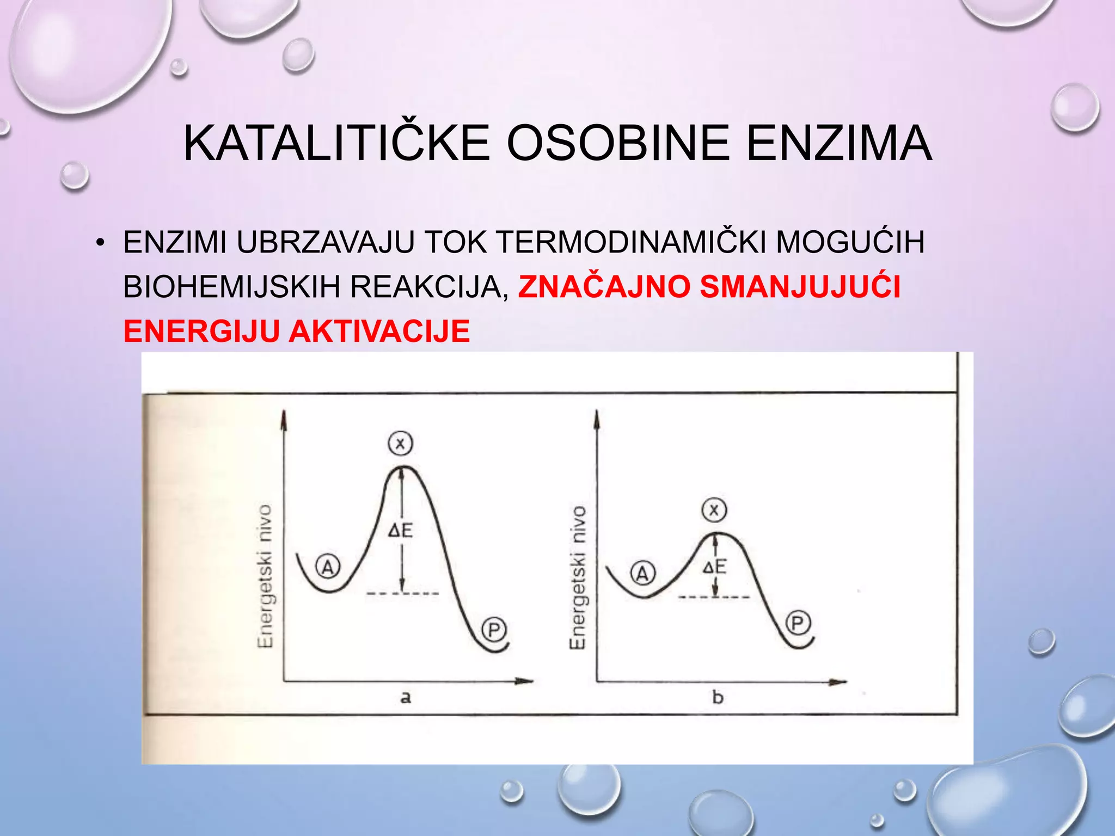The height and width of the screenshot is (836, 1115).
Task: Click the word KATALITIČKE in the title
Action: pos(336,143)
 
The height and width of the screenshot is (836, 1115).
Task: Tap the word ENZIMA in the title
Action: pos(839,143)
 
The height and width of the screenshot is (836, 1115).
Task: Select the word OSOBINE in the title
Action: pos(618,143)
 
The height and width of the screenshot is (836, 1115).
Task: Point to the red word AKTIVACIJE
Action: pos(379,331)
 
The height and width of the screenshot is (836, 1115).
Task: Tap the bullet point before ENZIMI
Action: pos(100,243)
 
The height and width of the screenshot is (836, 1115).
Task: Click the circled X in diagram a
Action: pos(400,444)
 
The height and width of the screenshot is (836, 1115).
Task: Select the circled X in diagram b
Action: pos(714,510)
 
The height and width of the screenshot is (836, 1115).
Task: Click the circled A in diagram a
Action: pos(328,567)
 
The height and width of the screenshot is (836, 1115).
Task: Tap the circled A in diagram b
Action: pos(643,573)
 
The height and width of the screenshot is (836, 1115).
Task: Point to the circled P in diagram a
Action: pos(494,630)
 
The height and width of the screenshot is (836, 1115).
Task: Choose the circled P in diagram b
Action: pos(798,623)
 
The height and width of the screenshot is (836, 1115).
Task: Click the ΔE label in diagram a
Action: pos(400,530)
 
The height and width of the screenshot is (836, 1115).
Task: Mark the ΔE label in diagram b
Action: pos(714,567)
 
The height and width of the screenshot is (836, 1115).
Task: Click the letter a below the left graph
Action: pos(406,697)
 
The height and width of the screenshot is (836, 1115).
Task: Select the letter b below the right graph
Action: pos(718,697)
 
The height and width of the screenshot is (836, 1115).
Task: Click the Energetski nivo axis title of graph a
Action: pos(265,576)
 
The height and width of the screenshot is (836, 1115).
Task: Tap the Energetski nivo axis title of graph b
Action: pos(578,577)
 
